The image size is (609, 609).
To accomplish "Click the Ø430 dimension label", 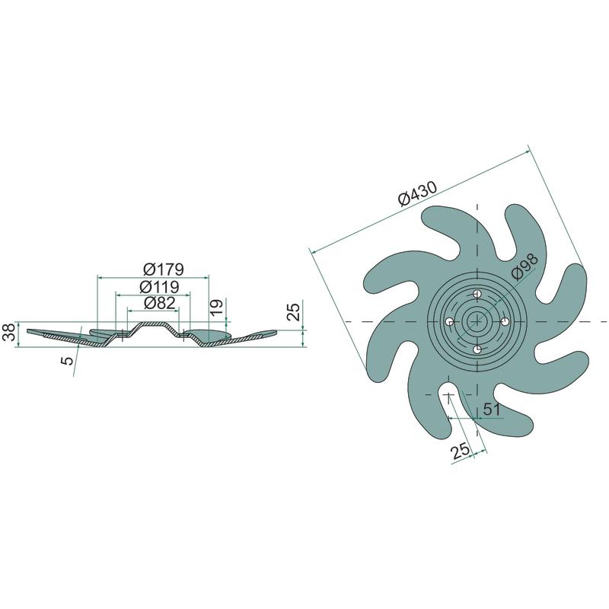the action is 417,193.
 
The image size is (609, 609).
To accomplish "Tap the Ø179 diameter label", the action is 163,269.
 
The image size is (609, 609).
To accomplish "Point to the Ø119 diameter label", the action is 159,287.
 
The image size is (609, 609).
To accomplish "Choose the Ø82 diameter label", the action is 159,302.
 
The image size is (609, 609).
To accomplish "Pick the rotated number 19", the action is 217,307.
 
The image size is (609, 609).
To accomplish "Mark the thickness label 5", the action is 67,360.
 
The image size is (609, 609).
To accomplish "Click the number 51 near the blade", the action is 491,409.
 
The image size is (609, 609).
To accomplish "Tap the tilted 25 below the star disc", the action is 461,451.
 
